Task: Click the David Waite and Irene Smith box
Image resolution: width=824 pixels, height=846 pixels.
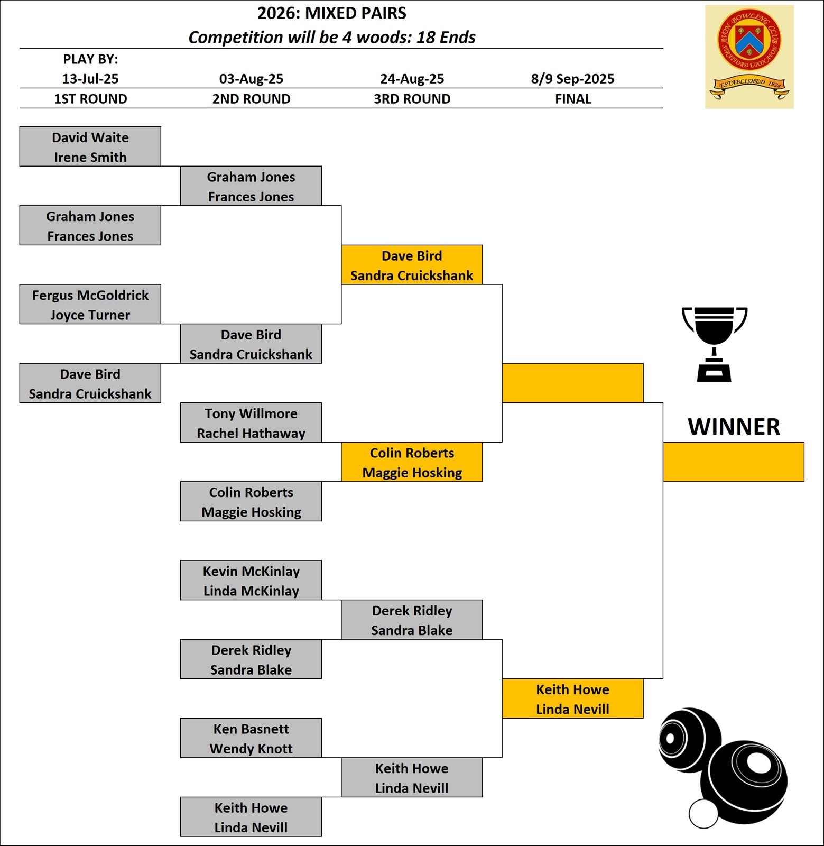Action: pos(90,146)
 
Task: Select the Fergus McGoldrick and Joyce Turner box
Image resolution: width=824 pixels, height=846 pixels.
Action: pos(90,304)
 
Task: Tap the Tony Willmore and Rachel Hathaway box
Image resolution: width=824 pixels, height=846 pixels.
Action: pos(251,422)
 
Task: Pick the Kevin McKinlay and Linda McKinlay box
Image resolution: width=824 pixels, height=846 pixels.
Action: pos(251,580)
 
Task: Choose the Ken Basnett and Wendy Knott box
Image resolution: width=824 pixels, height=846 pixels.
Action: pos(251,738)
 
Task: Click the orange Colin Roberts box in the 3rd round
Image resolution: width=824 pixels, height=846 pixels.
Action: pos(412,462)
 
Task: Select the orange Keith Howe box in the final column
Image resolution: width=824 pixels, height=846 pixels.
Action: pos(572,698)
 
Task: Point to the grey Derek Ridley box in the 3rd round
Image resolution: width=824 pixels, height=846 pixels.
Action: pos(412,620)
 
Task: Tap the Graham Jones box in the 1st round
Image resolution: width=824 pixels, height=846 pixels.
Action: pos(90,225)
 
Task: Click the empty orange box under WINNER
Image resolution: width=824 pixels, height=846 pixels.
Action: pos(734,462)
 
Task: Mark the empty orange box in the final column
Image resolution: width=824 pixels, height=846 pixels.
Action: pos(572,383)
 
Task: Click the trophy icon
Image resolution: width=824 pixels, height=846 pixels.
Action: pos(715,344)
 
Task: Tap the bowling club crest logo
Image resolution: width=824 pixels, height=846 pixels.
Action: pos(749,57)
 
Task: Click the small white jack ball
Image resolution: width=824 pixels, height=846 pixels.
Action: pos(703,814)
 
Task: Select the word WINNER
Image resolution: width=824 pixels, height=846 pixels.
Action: pos(734,427)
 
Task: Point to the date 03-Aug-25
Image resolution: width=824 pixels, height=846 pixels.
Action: pos(251,79)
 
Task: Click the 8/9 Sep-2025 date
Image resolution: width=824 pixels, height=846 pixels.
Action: pos(572,79)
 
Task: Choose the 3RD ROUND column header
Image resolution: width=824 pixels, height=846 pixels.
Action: pos(412,99)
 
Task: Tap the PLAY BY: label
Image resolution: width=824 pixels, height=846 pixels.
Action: pos(90,59)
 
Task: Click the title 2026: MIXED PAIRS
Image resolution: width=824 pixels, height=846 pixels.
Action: pos(332,13)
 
